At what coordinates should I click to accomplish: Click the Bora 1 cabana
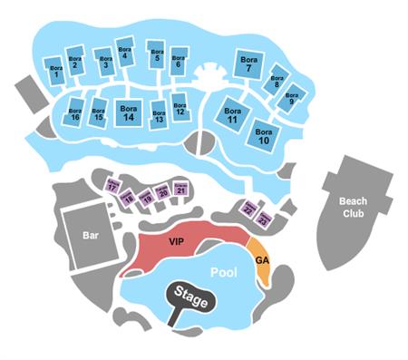(x=56, y=72)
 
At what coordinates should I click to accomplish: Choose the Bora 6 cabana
(x=178, y=64)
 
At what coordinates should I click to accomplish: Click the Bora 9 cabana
(x=291, y=99)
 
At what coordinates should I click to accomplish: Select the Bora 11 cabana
(x=233, y=117)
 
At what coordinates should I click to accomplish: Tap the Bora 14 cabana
(x=129, y=112)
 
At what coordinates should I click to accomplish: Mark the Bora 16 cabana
(x=74, y=115)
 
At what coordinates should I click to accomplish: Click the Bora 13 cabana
(x=159, y=115)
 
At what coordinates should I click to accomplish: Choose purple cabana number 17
(x=113, y=186)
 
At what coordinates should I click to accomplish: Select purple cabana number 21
(x=181, y=190)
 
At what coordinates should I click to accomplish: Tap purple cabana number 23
(x=264, y=219)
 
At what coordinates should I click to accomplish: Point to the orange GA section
(x=262, y=261)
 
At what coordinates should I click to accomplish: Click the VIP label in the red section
(x=176, y=243)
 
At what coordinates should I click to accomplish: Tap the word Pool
(x=224, y=272)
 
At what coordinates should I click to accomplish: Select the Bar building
(x=90, y=235)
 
